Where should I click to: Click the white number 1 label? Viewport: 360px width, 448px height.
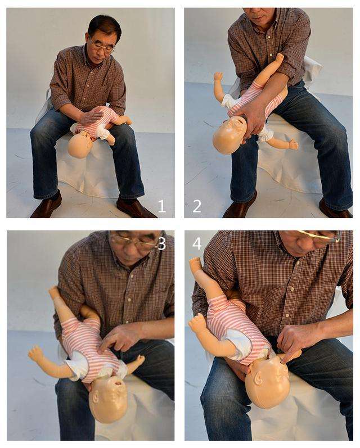(162, 206)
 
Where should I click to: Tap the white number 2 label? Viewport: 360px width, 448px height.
(197, 206)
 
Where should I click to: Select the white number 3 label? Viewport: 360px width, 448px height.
(162, 244)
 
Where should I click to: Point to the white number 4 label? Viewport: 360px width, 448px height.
(197, 244)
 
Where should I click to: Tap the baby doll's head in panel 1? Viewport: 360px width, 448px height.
(80, 144)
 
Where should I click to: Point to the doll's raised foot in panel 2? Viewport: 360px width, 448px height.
(280, 58)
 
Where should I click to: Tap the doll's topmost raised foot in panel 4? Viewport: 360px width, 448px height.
(196, 263)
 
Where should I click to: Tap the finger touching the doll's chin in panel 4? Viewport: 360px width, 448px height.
(290, 356)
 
